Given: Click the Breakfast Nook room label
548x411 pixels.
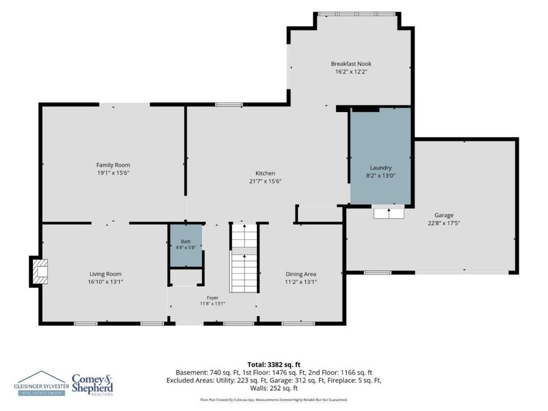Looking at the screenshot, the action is pyautogui.click(x=351, y=64).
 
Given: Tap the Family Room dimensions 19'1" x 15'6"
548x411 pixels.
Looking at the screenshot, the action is pyautogui.click(x=113, y=173).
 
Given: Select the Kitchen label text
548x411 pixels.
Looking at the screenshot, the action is pyautogui.click(x=265, y=174).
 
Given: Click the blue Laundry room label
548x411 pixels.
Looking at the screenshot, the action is pyautogui.click(x=381, y=168).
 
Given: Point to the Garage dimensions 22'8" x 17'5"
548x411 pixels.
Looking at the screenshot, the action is pyautogui.click(x=444, y=223).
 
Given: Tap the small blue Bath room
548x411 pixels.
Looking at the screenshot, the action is pyautogui.click(x=186, y=245).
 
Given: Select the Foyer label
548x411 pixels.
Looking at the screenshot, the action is pyautogui.click(x=213, y=298).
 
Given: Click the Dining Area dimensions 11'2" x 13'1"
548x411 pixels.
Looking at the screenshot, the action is pyautogui.click(x=301, y=282).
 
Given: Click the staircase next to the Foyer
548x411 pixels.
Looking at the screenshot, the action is pyautogui.click(x=244, y=258).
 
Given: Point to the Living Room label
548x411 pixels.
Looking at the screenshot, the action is pyautogui.click(x=105, y=274).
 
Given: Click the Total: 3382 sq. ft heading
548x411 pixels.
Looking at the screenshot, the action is pyautogui.click(x=274, y=365).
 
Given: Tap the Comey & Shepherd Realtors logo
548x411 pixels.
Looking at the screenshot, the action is pyautogui.click(x=93, y=385).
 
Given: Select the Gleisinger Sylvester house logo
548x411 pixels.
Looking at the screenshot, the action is pyautogui.click(x=42, y=383).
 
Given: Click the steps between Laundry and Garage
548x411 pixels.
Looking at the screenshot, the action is pyautogui.click(x=389, y=213).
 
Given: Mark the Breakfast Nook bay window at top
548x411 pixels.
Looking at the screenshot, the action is pyautogui.click(x=357, y=14).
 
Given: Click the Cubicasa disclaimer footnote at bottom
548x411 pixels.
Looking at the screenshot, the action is pyautogui.click(x=274, y=399).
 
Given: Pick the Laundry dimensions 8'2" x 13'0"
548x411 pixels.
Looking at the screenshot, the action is pyautogui.click(x=381, y=176).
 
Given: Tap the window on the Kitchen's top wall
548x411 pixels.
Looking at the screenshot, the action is pyautogui.click(x=229, y=105).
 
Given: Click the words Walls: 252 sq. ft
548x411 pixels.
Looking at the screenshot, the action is pyautogui.click(x=274, y=388).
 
